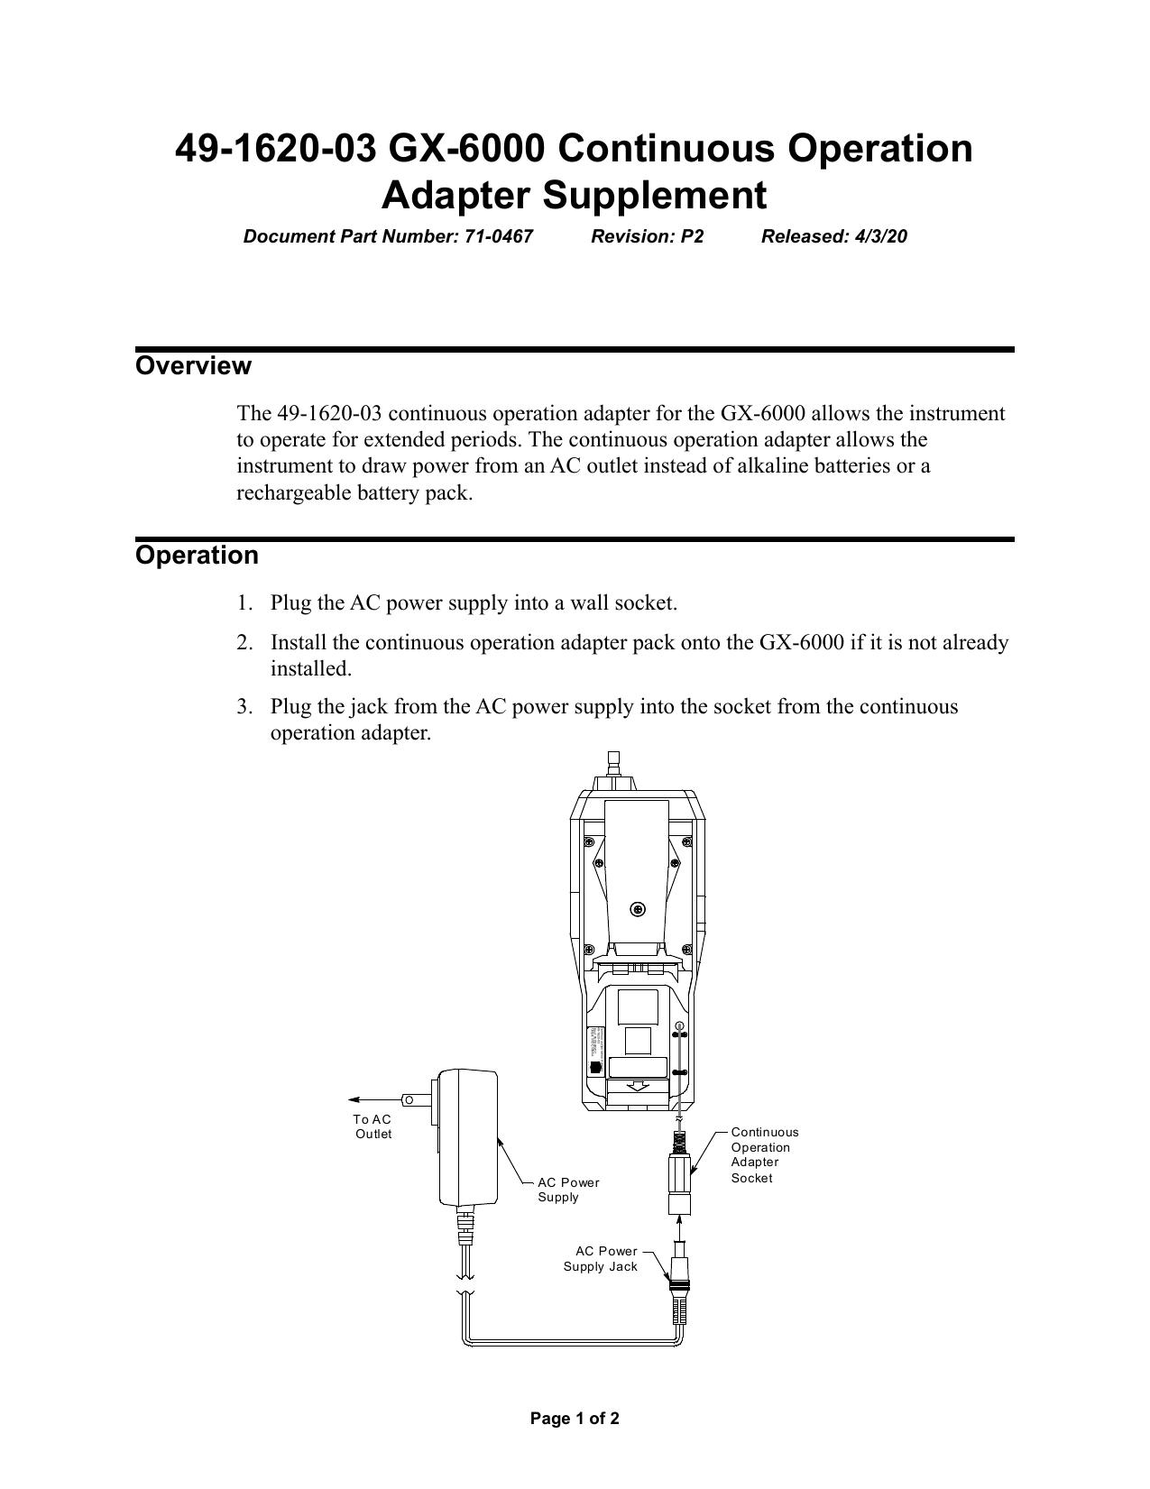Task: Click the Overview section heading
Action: (193, 366)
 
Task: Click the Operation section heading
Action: (197, 555)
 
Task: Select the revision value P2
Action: (691, 237)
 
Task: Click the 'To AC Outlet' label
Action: (373, 1126)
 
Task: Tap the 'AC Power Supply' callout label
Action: (567, 1190)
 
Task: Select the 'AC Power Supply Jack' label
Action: (600, 1259)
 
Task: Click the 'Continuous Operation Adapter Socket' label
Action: (764, 1154)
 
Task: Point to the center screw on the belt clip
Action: (638, 909)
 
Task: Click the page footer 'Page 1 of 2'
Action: (575, 1420)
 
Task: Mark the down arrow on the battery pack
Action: (638, 1084)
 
